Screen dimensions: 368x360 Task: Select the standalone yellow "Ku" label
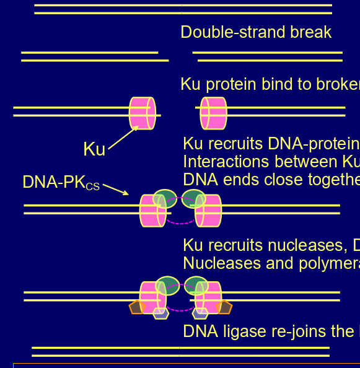94,149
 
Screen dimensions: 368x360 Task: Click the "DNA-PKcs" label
61,183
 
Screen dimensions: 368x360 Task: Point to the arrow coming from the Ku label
123,136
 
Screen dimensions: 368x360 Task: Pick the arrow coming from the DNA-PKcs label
116,188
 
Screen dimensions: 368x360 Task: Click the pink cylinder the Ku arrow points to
141,113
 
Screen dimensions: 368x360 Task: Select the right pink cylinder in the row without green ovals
213,113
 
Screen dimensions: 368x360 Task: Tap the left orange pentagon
136,307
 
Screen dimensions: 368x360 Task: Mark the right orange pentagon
224,307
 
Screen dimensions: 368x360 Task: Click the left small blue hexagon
160,313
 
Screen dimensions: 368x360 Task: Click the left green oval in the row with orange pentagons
167,285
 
